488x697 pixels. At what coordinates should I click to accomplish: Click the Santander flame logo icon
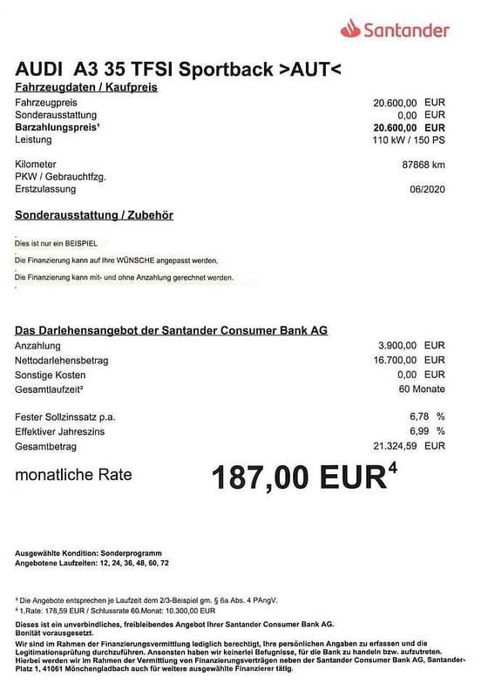[x=349, y=30]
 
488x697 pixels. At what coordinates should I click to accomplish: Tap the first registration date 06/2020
[x=427, y=189]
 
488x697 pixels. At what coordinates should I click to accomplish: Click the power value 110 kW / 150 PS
[x=410, y=139]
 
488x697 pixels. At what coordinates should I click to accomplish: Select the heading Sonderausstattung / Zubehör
[x=94, y=213]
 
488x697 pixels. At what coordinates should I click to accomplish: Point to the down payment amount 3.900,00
[x=398, y=346]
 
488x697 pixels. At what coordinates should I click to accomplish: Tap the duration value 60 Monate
[x=421, y=389]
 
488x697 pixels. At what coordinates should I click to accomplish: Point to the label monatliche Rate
[x=73, y=475]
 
